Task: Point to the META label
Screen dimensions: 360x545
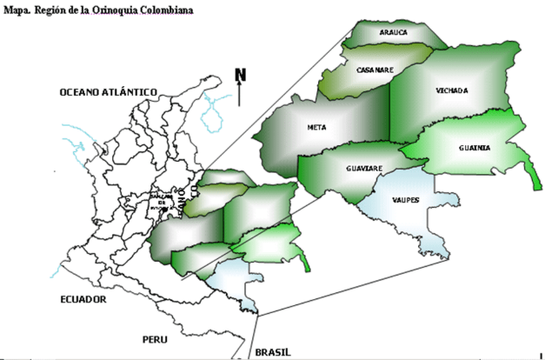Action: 316,127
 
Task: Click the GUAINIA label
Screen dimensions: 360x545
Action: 475,148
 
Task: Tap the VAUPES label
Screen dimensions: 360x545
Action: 405,200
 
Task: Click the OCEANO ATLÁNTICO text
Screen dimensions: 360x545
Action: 107,92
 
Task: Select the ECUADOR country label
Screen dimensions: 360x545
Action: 83,299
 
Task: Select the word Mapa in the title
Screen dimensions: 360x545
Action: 19,8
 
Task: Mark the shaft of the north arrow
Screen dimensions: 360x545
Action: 240,94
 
